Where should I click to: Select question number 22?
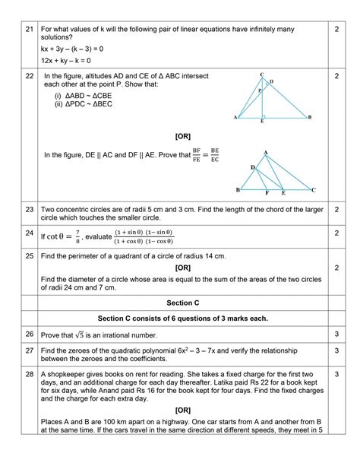pyautogui.click(x=29, y=76)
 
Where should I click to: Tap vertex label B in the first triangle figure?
pyautogui.click(x=309, y=118)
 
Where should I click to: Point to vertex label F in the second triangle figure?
pyautogui.click(x=267, y=194)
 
